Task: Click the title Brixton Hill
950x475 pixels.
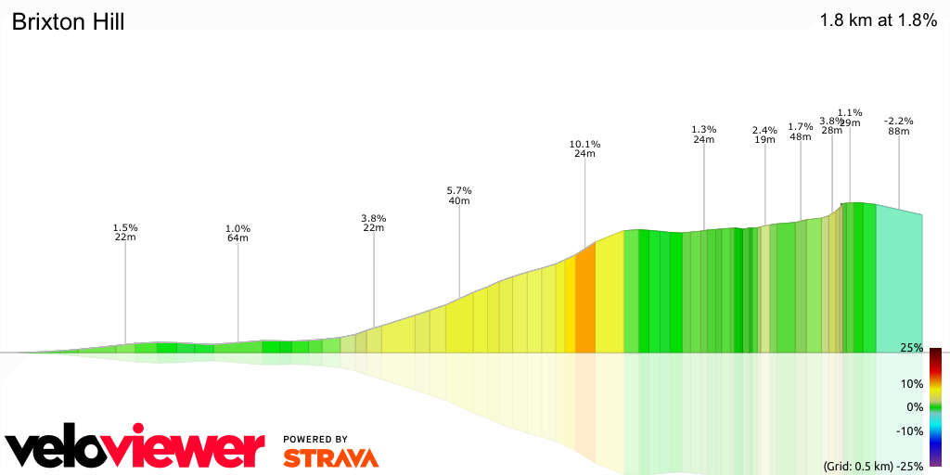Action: click(x=68, y=21)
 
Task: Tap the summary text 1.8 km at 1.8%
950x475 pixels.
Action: click(x=878, y=20)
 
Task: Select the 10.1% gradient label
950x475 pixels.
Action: click(x=584, y=144)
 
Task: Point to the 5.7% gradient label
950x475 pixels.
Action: click(x=459, y=190)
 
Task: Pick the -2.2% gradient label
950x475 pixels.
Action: click(x=898, y=121)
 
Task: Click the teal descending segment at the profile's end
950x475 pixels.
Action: click(x=898, y=283)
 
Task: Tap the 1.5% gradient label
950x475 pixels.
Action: click(x=125, y=227)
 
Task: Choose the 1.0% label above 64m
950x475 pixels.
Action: click(x=237, y=228)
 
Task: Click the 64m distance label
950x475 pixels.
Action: click(x=237, y=238)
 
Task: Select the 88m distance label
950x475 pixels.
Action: click(x=898, y=131)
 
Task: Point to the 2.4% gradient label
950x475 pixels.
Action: click(x=764, y=130)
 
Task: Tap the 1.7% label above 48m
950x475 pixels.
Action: click(x=800, y=126)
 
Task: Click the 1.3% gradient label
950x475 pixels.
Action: click(x=704, y=129)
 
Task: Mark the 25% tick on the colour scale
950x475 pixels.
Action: click(x=911, y=348)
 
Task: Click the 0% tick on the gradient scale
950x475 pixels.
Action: click(x=914, y=407)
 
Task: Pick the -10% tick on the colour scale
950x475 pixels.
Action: click(x=910, y=430)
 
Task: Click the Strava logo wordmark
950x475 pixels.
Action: click(x=330, y=458)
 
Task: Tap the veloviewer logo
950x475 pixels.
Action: click(x=135, y=448)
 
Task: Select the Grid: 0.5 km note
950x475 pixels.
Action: click(x=859, y=466)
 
